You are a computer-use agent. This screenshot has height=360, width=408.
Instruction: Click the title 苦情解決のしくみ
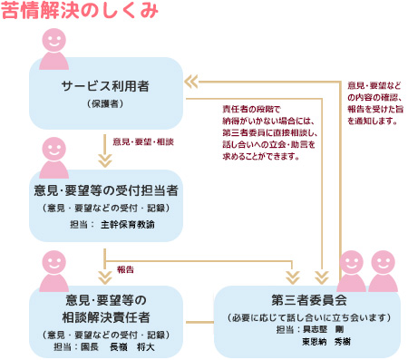click(x=80, y=12)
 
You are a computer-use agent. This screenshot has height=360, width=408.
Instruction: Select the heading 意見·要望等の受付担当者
click(x=105, y=190)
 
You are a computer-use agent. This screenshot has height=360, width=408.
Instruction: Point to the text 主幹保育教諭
click(x=128, y=223)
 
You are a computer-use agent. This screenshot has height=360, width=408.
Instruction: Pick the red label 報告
click(x=125, y=268)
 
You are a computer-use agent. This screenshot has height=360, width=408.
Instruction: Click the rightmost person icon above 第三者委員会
click(x=382, y=269)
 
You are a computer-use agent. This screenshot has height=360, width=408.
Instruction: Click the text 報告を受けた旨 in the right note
click(x=373, y=109)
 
